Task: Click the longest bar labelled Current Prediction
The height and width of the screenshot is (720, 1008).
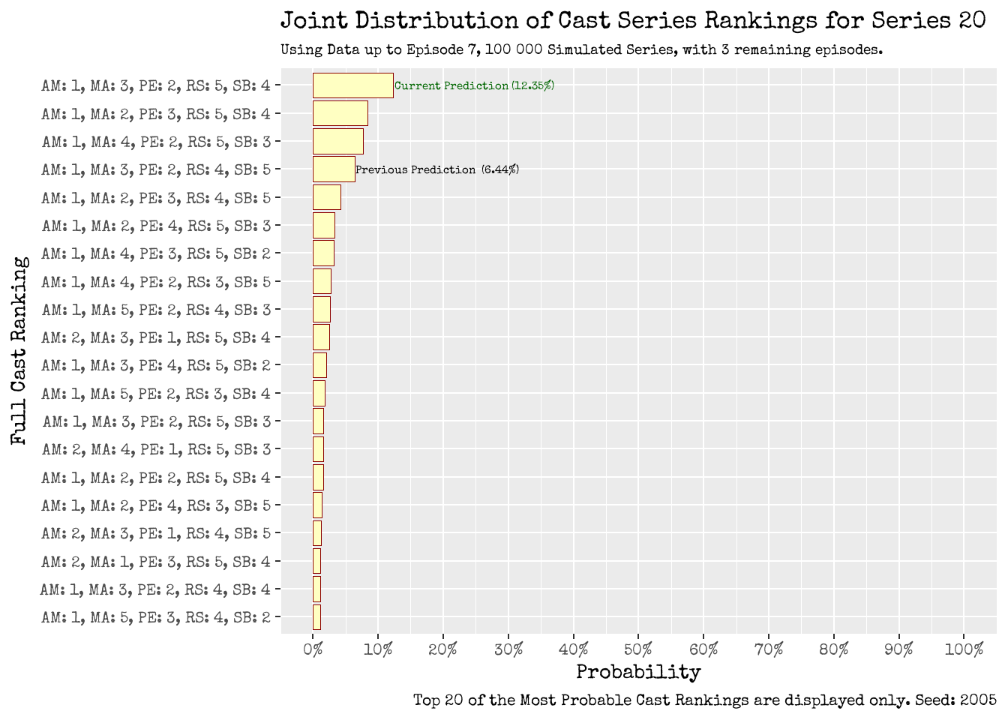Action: (x=352, y=85)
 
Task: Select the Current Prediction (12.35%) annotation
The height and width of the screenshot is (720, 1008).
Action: (x=474, y=85)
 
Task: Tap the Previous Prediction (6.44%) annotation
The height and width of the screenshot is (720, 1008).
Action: (x=436, y=169)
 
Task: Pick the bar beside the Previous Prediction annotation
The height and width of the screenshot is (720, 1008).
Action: (x=334, y=169)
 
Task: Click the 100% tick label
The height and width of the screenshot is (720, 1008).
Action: (x=964, y=649)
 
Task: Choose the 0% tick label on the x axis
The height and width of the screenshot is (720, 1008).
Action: (x=313, y=649)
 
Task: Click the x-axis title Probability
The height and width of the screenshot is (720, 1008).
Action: (x=638, y=672)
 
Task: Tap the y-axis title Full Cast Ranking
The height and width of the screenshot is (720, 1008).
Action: (x=19, y=350)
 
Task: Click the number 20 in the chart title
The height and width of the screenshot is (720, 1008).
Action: (x=972, y=20)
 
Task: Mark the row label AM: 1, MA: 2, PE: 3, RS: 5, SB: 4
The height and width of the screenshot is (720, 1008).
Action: (x=156, y=114)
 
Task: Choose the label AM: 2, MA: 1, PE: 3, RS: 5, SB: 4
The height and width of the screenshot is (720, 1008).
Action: (x=156, y=562)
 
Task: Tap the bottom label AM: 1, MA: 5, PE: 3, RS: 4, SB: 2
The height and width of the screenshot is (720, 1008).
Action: (x=156, y=617)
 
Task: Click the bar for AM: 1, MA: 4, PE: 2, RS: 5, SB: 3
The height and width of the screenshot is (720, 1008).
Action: (x=337, y=142)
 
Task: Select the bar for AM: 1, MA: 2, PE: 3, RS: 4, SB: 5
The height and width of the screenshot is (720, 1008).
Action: (x=326, y=198)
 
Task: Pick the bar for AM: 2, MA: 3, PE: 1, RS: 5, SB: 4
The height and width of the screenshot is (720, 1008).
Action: (x=321, y=337)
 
